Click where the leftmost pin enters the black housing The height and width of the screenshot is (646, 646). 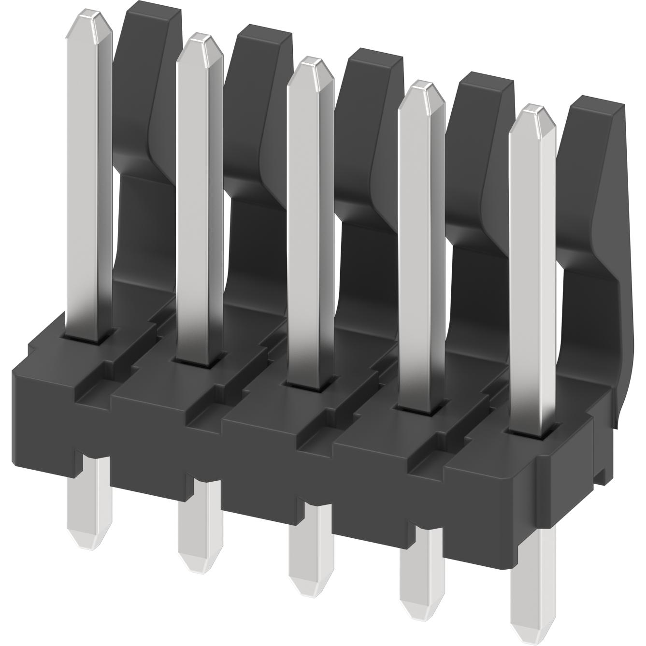click(90, 336)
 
